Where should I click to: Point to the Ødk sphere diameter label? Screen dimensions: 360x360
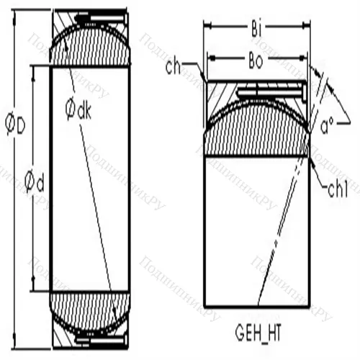coord(76,109)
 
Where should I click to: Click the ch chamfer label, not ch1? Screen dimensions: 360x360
coord(174,68)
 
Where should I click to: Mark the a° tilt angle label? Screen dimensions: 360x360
coord(326,130)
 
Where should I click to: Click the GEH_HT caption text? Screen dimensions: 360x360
coord(260,334)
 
